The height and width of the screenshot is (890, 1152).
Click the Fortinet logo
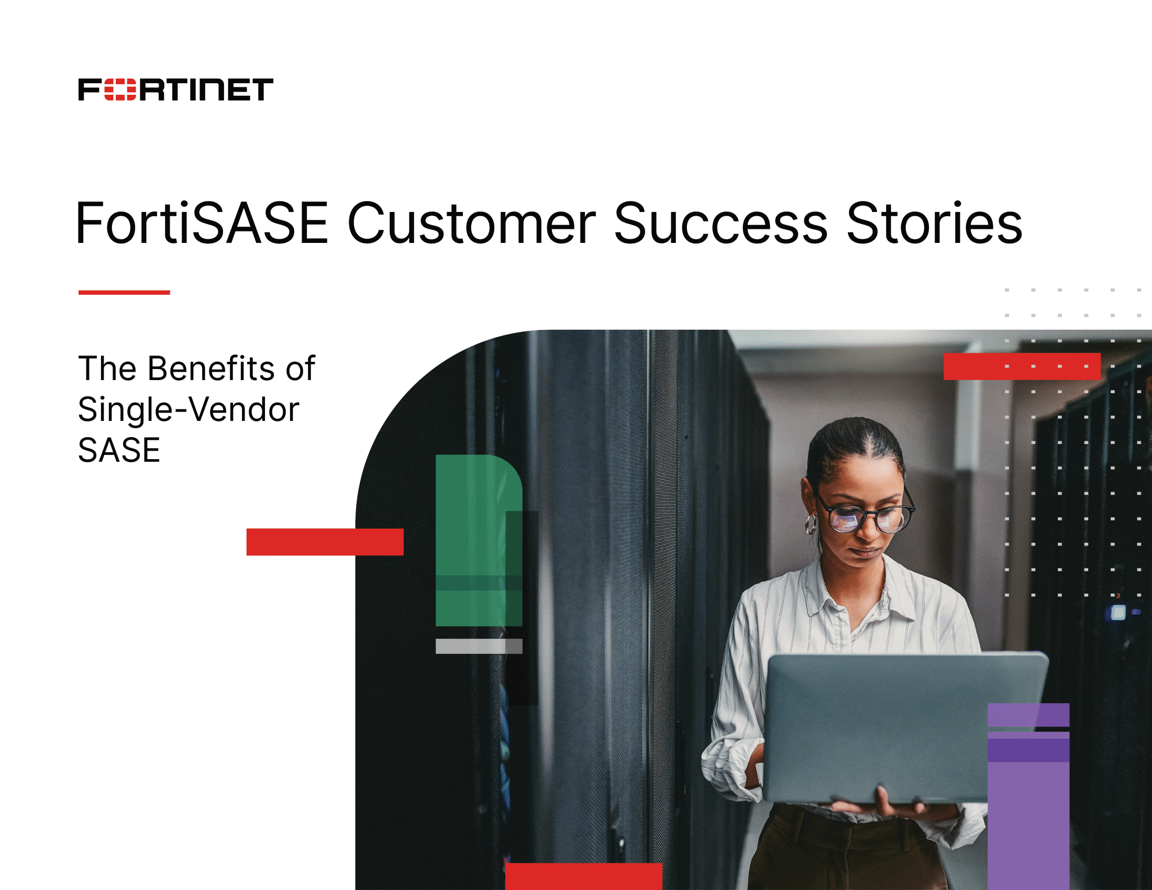(175, 90)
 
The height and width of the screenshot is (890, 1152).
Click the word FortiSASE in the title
(202, 224)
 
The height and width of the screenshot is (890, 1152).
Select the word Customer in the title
(471, 224)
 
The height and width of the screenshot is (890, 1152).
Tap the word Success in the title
(721, 224)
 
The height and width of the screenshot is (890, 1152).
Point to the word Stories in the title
(934, 224)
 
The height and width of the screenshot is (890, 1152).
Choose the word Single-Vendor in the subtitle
(189, 410)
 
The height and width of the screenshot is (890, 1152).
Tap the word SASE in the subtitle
(119, 451)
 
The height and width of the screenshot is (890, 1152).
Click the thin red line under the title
(124, 292)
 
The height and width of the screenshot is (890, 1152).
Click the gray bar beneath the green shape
(479, 647)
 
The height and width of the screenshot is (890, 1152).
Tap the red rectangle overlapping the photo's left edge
(325, 542)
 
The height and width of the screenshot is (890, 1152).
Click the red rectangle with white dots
(1022, 366)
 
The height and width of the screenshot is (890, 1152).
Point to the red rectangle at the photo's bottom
(583, 876)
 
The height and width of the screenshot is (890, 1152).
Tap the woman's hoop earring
(811, 525)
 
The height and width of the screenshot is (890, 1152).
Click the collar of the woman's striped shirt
(855, 596)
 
